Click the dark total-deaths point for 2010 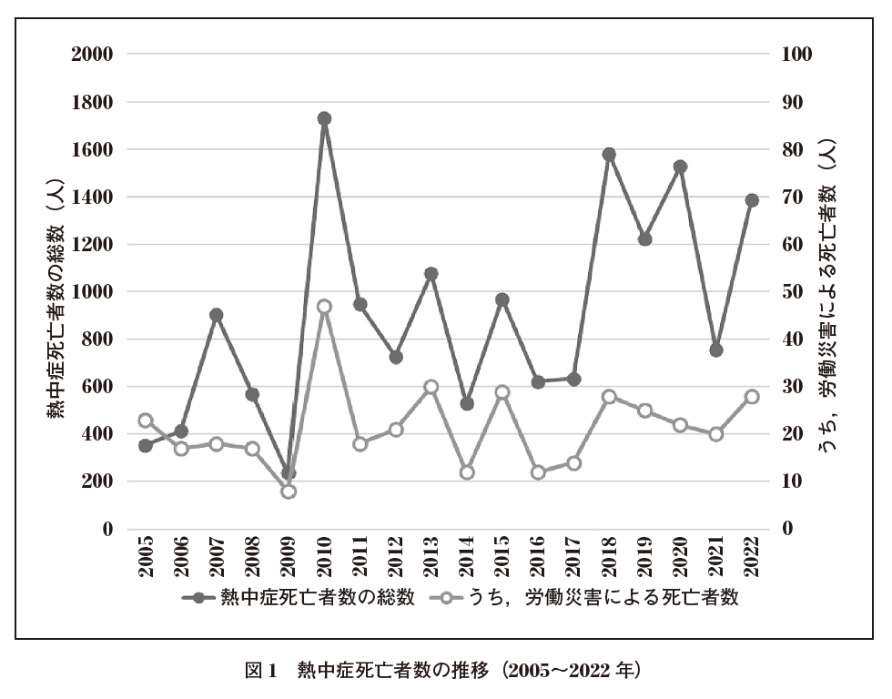(324, 118)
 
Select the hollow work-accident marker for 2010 (324, 307)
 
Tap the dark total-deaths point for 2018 (609, 155)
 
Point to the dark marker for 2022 (752, 200)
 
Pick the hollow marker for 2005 (146, 420)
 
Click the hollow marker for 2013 (431, 387)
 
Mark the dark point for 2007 (217, 315)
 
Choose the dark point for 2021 (716, 349)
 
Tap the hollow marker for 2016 (538, 472)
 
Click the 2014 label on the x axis (468, 557)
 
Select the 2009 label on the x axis (289, 557)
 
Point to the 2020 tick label (682, 557)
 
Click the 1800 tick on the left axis (92, 102)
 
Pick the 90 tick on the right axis (792, 102)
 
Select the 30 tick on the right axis (792, 387)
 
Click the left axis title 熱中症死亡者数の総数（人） (56, 291)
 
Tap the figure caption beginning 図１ (445, 672)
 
